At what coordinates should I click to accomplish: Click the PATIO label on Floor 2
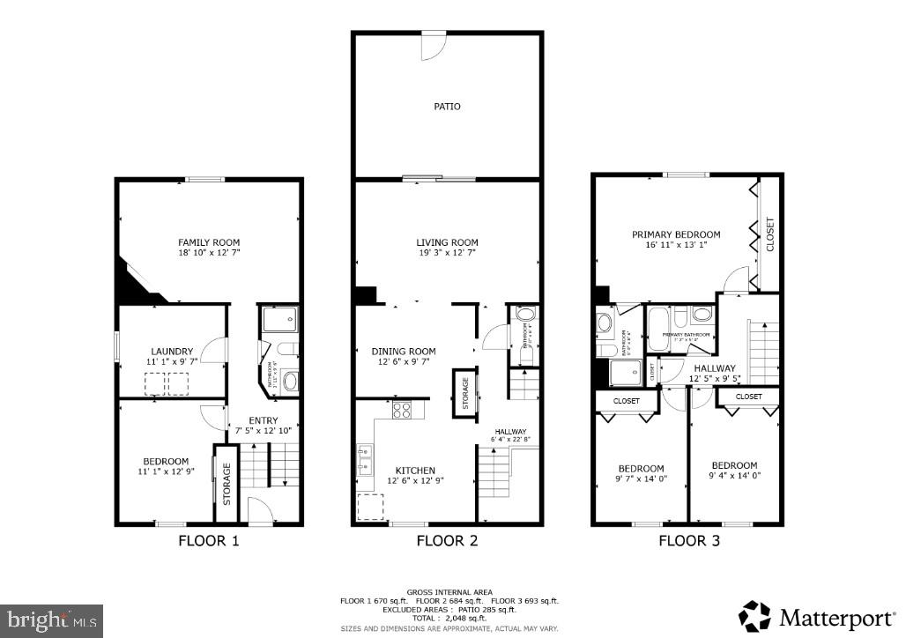447,107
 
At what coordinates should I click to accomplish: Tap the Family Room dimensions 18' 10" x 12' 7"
209,253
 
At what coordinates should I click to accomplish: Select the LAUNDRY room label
172,352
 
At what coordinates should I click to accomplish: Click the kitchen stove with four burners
401,410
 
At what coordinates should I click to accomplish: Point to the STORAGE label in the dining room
462,392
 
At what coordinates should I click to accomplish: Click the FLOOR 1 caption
209,540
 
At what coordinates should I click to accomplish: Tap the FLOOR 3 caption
689,540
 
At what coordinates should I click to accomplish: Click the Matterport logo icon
755,616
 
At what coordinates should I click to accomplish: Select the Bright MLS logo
51,619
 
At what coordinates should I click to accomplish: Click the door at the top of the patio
433,45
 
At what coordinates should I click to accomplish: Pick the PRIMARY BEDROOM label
676,234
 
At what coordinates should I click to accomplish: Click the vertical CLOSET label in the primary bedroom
770,234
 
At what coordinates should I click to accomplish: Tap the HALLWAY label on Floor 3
714,369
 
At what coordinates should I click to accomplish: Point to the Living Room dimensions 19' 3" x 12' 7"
447,253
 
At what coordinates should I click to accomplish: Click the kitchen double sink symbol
364,461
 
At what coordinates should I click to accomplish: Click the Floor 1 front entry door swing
259,510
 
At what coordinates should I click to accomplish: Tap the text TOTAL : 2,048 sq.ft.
449,618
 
